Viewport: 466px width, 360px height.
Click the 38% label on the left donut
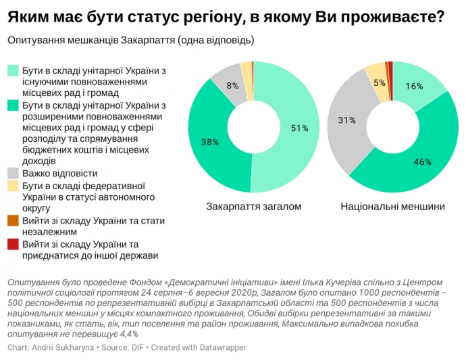tap(211, 143)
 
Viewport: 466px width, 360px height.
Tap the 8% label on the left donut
tap(232, 86)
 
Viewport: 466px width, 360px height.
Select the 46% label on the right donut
tap(423, 162)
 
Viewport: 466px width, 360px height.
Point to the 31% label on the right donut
tap(346, 120)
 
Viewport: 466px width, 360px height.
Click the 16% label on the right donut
tap(415, 86)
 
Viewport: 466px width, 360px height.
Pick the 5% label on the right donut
tap(380, 82)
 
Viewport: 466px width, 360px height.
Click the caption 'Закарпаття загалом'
tap(253, 206)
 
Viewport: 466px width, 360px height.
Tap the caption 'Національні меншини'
tap(393, 206)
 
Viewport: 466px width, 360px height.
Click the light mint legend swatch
tap(13, 71)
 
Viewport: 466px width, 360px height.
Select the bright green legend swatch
tap(13, 106)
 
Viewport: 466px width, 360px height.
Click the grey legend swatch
tap(13, 174)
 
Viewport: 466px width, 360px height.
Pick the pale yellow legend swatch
tap(13, 186)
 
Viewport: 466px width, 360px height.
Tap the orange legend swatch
tap(13, 221)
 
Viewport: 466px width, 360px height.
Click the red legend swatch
tap(13, 244)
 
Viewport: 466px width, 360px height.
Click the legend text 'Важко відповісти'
tap(59, 174)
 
